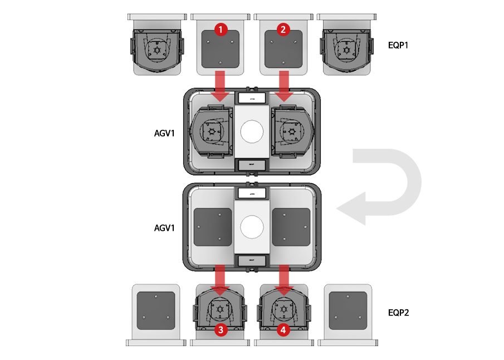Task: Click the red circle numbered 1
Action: coord(221,29)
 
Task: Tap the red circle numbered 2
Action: coord(283,29)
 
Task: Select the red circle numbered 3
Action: coord(221,330)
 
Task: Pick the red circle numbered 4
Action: coord(283,330)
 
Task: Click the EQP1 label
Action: coord(398,45)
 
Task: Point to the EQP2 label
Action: coord(398,313)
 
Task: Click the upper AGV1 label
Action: coord(165,134)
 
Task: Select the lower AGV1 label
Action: coord(165,228)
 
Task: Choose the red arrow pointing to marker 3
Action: coord(221,280)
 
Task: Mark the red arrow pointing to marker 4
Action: coord(284,280)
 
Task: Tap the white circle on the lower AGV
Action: coord(252,227)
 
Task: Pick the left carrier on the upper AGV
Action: coord(211,132)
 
